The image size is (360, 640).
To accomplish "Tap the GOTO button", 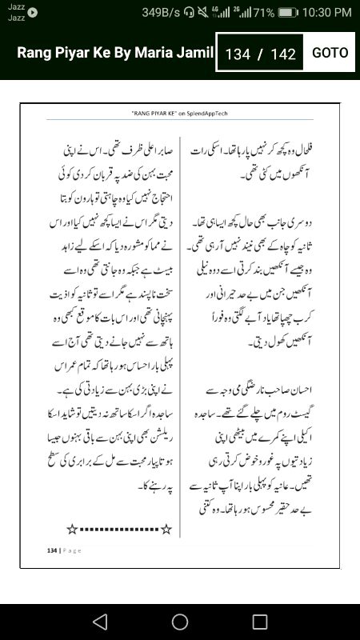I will coord(330,53).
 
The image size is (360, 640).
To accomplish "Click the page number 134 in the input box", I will coord(238,54).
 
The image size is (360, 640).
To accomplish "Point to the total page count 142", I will coord(283,54).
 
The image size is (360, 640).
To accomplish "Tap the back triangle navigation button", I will coord(99,622).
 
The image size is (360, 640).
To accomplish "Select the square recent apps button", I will coord(260,622).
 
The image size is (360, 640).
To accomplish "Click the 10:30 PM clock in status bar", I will coord(328,12).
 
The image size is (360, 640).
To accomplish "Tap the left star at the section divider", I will coord(72,529).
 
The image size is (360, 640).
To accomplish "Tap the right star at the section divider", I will coord(166,529).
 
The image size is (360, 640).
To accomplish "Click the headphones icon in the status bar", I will coord(189,12).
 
